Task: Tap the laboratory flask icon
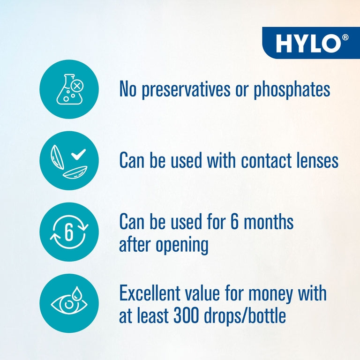pos(69,89)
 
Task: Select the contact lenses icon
pos(69,160)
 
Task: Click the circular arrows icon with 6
pos(69,232)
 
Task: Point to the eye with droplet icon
pos(69,303)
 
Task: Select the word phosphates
pos(292,89)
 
